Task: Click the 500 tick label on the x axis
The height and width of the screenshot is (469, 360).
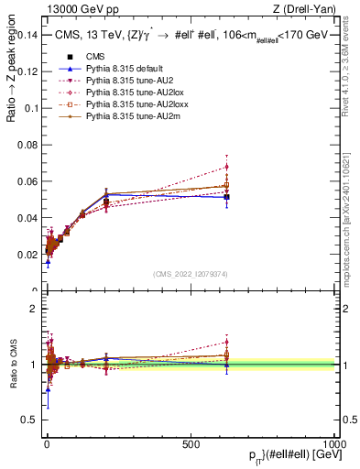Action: pyautogui.click(x=191, y=442)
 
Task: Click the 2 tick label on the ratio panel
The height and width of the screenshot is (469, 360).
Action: pyautogui.click(x=35, y=309)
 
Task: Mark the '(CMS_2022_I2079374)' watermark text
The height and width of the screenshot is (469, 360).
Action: pyautogui.click(x=190, y=274)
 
